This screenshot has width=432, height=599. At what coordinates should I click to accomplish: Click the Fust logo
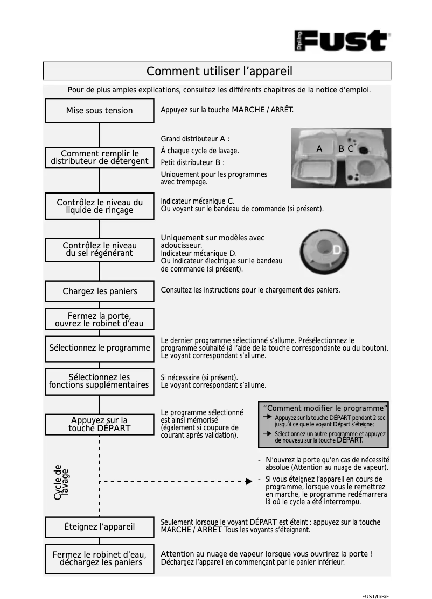(x=343, y=41)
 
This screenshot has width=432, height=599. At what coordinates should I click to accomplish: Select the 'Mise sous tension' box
(x=99, y=111)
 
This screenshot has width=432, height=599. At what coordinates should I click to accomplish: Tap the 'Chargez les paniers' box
(x=100, y=291)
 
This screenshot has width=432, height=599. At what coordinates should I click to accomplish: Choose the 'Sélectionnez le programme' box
(x=100, y=348)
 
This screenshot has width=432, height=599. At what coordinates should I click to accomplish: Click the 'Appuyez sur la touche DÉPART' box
(x=100, y=424)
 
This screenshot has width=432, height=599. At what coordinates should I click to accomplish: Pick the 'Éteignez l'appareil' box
(x=100, y=526)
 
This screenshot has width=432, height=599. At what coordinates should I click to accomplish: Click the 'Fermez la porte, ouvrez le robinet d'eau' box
(x=100, y=319)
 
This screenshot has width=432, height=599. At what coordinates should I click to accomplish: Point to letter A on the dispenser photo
(x=319, y=149)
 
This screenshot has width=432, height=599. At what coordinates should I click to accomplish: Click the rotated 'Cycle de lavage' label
(x=61, y=482)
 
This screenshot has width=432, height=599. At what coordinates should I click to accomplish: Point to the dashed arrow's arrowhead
(x=248, y=481)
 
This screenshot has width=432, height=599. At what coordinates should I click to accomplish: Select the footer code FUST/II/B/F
(x=375, y=596)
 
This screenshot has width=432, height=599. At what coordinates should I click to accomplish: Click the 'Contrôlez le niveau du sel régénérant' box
(x=100, y=249)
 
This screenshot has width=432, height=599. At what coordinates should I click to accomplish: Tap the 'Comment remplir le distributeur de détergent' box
(x=100, y=158)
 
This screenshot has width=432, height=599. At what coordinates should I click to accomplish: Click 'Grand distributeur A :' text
(x=195, y=139)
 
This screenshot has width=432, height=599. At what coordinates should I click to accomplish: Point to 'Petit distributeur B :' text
(x=192, y=162)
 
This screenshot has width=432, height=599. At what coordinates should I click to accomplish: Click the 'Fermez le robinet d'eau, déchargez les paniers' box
(x=100, y=558)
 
